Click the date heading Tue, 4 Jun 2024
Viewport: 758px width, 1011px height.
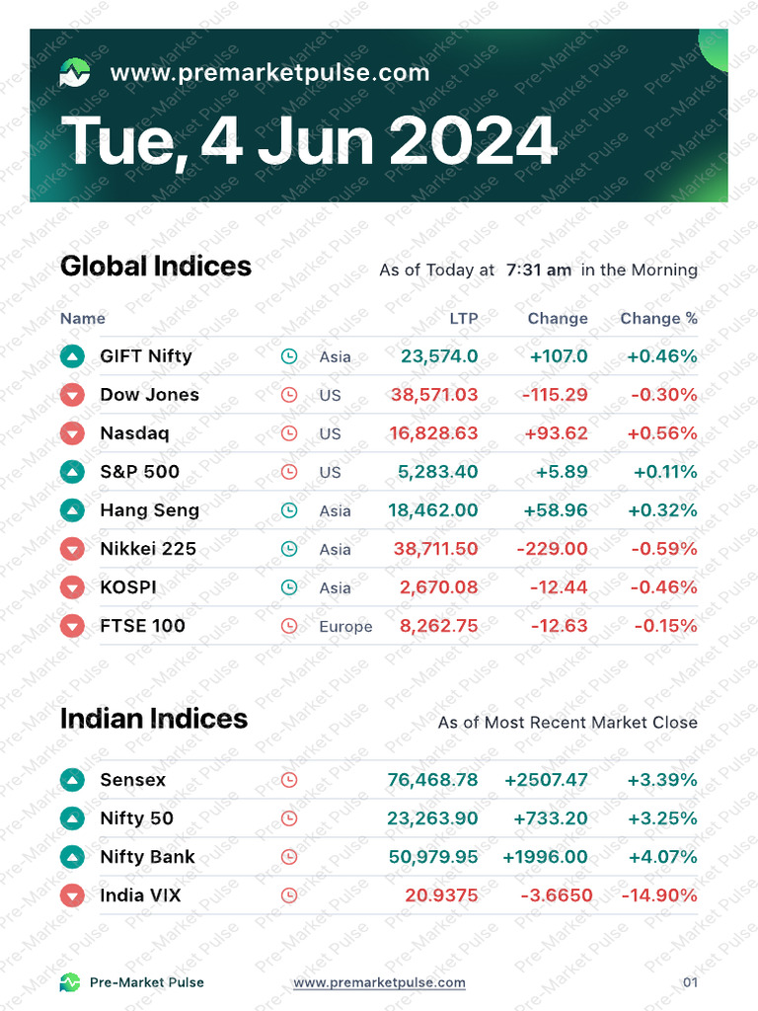pos(309,140)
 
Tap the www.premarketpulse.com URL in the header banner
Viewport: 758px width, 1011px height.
pos(269,72)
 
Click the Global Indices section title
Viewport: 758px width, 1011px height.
pos(156,267)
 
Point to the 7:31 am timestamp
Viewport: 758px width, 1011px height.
pos(538,270)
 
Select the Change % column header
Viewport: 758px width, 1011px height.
pos(658,318)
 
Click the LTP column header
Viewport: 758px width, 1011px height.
pos(464,318)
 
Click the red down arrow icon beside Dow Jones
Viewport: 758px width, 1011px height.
pos(73,395)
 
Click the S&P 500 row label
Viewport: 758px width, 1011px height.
pos(140,472)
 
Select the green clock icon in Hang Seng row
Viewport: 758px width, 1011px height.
pos(289,510)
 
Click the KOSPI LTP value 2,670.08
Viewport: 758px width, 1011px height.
pos(438,587)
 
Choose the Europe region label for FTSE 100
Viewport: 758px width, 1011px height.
pos(345,627)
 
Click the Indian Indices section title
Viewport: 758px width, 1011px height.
pos(154,719)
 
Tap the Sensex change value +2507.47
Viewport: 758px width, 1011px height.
pos(546,780)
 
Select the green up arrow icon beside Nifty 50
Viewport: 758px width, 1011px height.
pos(73,818)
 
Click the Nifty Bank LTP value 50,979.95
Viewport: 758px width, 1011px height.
pos(433,857)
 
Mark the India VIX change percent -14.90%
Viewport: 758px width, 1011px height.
pos(658,895)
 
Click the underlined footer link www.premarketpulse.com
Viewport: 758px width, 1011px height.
pos(379,982)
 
